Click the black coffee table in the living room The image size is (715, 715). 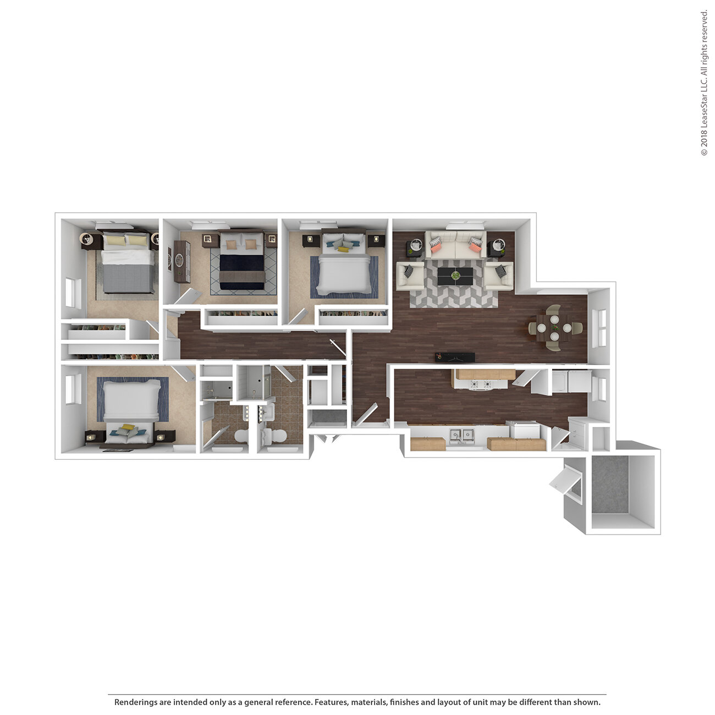click(x=455, y=276)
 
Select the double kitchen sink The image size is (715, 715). click(x=462, y=436)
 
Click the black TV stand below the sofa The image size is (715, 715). click(x=455, y=357)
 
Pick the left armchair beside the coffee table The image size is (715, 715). click(x=410, y=276)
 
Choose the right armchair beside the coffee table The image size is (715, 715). click(x=499, y=276)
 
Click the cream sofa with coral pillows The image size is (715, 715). click(x=455, y=245)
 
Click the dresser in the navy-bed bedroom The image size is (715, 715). click(x=182, y=262)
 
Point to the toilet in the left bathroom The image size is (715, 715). click(x=242, y=436)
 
